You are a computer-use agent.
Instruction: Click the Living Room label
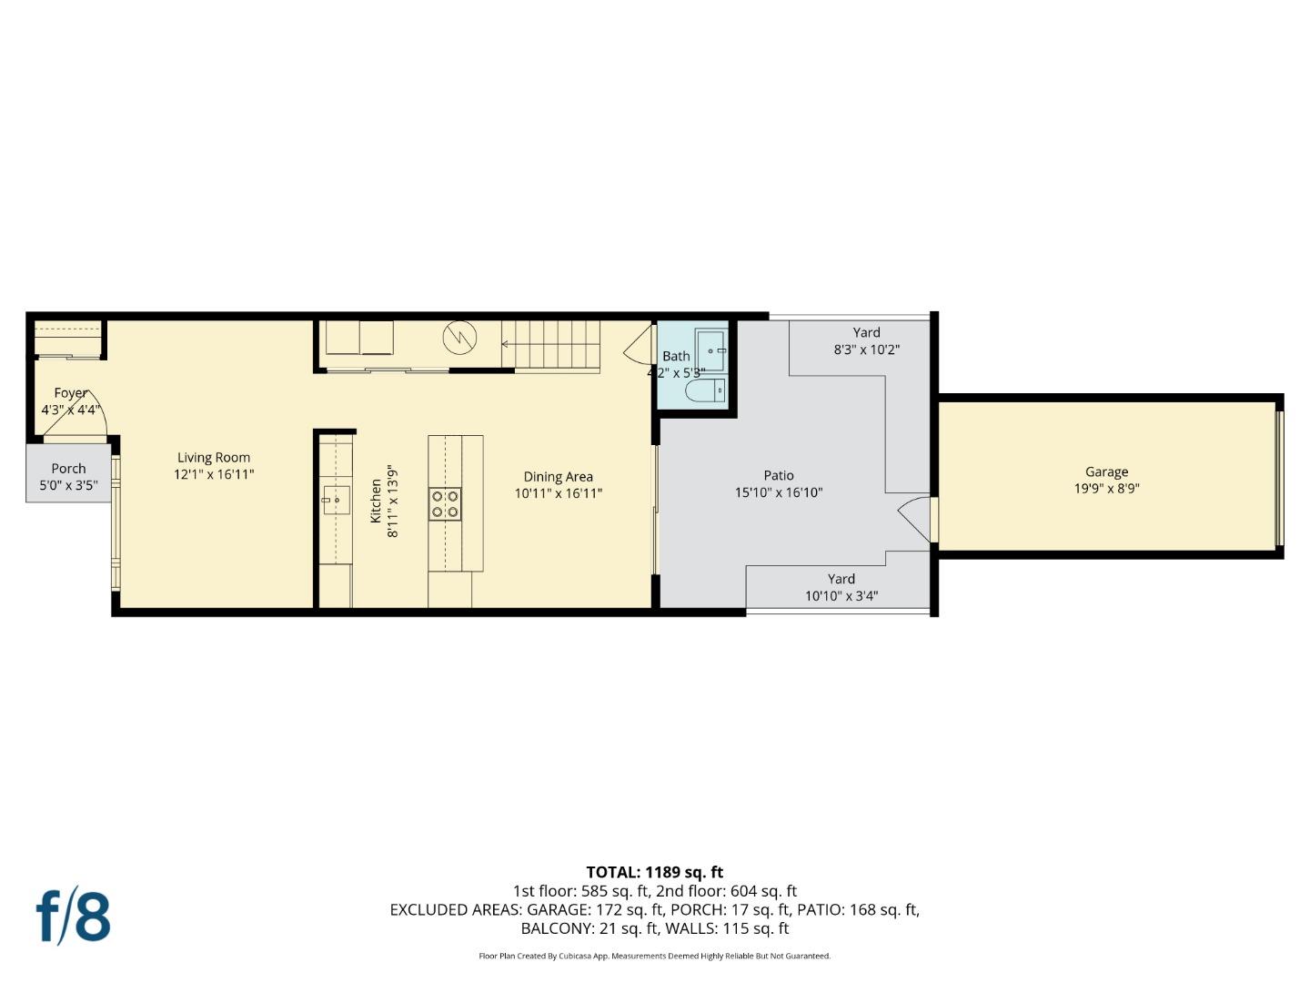[x=214, y=458]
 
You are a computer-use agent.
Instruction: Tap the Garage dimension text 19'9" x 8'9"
[x=1106, y=488]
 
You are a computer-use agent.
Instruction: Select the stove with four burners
[x=445, y=504]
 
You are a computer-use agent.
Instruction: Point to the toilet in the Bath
[x=706, y=391]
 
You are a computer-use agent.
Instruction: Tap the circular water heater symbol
[x=459, y=338]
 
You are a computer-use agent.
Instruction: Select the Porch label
[x=68, y=469]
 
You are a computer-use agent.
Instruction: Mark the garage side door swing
[x=914, y=518]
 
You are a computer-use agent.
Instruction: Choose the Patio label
[x=779, y=475]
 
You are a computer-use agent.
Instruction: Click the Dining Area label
[x=558, y=477]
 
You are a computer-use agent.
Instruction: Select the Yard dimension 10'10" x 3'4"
[x=841, y=597]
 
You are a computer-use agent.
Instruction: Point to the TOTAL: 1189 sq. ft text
[x=654, y=872]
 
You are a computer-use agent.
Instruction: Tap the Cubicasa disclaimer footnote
[x=654, y=956]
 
